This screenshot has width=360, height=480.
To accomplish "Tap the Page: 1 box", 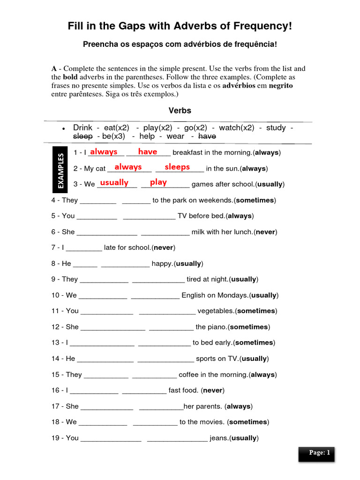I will coord(316,454).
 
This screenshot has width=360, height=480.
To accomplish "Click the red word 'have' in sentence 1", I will coord(148,151).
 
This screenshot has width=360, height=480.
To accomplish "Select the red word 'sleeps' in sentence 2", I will coord(177,167).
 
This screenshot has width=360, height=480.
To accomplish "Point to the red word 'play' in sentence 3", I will coord(158,182).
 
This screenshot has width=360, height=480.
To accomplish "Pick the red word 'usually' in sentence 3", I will coord(114,182).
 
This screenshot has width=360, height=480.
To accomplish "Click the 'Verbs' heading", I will coord(180,111).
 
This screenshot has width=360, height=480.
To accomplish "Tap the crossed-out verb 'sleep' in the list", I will coord(83,136).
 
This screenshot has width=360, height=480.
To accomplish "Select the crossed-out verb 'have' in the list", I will coord(207,136).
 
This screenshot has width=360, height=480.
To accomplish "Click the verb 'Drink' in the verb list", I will coord(82,127).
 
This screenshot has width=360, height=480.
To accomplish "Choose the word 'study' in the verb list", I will coord(276,127).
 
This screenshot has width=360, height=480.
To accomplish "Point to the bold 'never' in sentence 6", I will coord(265,232).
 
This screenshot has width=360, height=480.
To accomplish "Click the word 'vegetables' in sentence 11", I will coord(215,311).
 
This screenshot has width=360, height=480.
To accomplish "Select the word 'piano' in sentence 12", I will coord(217,327).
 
